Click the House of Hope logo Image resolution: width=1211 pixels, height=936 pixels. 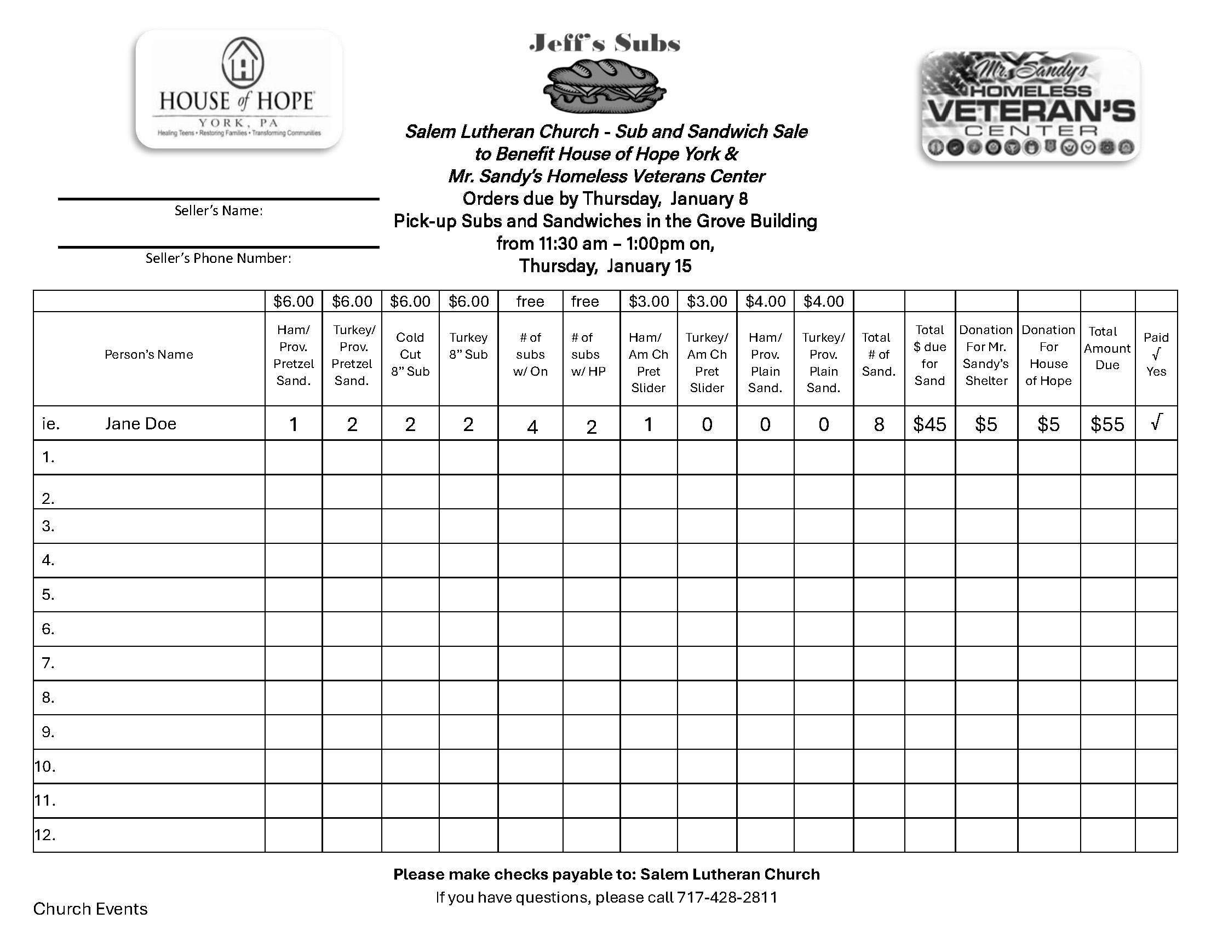239,89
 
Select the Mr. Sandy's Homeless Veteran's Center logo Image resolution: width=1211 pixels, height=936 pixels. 1030,106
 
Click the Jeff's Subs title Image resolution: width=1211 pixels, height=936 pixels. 604,43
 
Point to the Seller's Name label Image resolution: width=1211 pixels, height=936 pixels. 219,211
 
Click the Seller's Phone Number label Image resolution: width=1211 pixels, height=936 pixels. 219,259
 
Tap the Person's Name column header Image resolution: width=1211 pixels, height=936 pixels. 148,355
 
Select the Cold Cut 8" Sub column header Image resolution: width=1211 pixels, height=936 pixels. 410,355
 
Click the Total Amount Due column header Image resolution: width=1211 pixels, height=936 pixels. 1107,348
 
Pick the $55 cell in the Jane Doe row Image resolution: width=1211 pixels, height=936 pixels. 1107,425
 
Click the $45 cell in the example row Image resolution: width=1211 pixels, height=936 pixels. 929,425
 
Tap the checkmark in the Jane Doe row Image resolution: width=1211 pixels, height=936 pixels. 1156,422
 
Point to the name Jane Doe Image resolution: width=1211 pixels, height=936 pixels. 141,424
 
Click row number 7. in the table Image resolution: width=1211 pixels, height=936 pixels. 48,663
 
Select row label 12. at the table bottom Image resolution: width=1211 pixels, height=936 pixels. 45,835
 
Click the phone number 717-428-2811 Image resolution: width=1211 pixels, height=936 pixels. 727,898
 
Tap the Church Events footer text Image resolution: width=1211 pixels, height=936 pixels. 90,909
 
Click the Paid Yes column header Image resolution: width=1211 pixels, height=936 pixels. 1156,355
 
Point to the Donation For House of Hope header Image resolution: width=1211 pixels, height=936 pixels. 1048,355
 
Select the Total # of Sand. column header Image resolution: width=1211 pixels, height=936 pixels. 879,355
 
